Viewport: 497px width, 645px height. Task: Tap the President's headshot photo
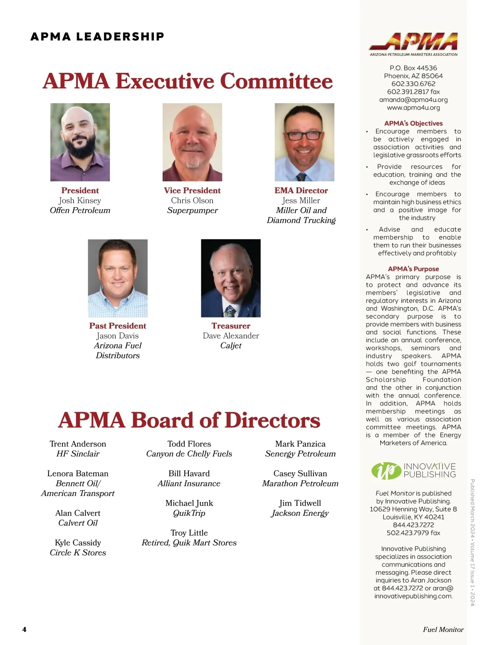(x=80, y=142)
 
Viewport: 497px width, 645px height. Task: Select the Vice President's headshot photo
(x=192, y=142)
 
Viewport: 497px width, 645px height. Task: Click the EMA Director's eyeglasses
(x=304, y=135)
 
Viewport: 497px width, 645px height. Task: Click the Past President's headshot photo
(x=118, y=278)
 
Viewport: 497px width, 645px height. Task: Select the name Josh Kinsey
(x=80, y=200)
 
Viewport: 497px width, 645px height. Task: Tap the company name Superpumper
(x=192, y=210)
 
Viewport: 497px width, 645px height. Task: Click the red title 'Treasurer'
(x=231, y=326)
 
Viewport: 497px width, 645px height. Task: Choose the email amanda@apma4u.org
(x=413, y=100)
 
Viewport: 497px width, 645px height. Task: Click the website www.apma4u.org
(x=413, y=108)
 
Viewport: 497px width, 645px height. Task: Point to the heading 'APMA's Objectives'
(x=413, y=123)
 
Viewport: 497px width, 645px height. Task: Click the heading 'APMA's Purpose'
(x=413, y=269)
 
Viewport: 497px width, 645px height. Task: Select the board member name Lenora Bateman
(x=78, y=474)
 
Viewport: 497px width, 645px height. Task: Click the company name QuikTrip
(x=189, y=513)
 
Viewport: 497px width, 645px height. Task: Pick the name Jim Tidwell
(x=300, y=503)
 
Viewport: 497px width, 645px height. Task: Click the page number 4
(x=24, y=629)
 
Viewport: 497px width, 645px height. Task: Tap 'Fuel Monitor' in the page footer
(x=443, y=629)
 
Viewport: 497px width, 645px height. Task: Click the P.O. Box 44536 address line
(x=413, y=68)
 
